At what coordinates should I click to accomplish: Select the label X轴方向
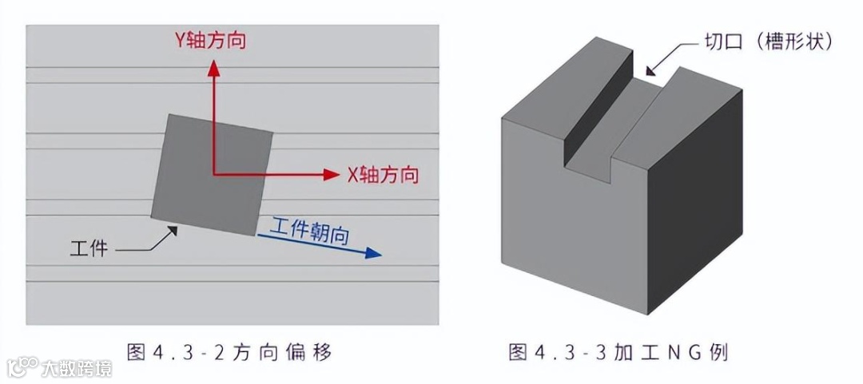383,175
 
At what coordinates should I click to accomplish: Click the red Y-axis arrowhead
213,67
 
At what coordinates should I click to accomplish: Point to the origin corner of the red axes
213,173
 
